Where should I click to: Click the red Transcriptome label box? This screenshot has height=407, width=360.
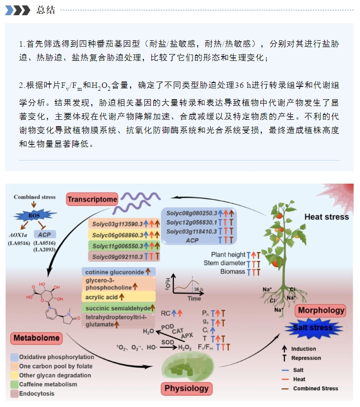click(92, 199)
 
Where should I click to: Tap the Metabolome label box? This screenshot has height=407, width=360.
click(37, 338)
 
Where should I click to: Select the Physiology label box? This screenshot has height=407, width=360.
click(187, 388)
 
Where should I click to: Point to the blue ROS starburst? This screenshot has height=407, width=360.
click(34, 216)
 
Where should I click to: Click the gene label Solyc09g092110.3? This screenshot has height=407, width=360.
click(117, 257)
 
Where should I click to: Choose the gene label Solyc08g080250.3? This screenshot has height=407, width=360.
click(192, 214)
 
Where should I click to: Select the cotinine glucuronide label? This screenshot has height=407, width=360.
click(114, 272)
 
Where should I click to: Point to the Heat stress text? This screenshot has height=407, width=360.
click(327, 217)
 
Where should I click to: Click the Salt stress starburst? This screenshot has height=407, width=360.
click(313, 328)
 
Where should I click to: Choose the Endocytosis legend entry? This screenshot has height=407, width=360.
click(32, 394)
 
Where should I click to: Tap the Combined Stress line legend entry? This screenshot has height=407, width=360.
click(310, 388)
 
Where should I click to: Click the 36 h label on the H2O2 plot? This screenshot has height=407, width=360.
click(198, 289)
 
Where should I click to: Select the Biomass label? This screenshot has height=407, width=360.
click(232, 271)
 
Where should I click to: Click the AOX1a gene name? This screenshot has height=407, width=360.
click(18, 235)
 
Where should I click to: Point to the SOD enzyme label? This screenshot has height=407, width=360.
click(167, 342)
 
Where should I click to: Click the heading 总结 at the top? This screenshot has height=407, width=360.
click(46, 10)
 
